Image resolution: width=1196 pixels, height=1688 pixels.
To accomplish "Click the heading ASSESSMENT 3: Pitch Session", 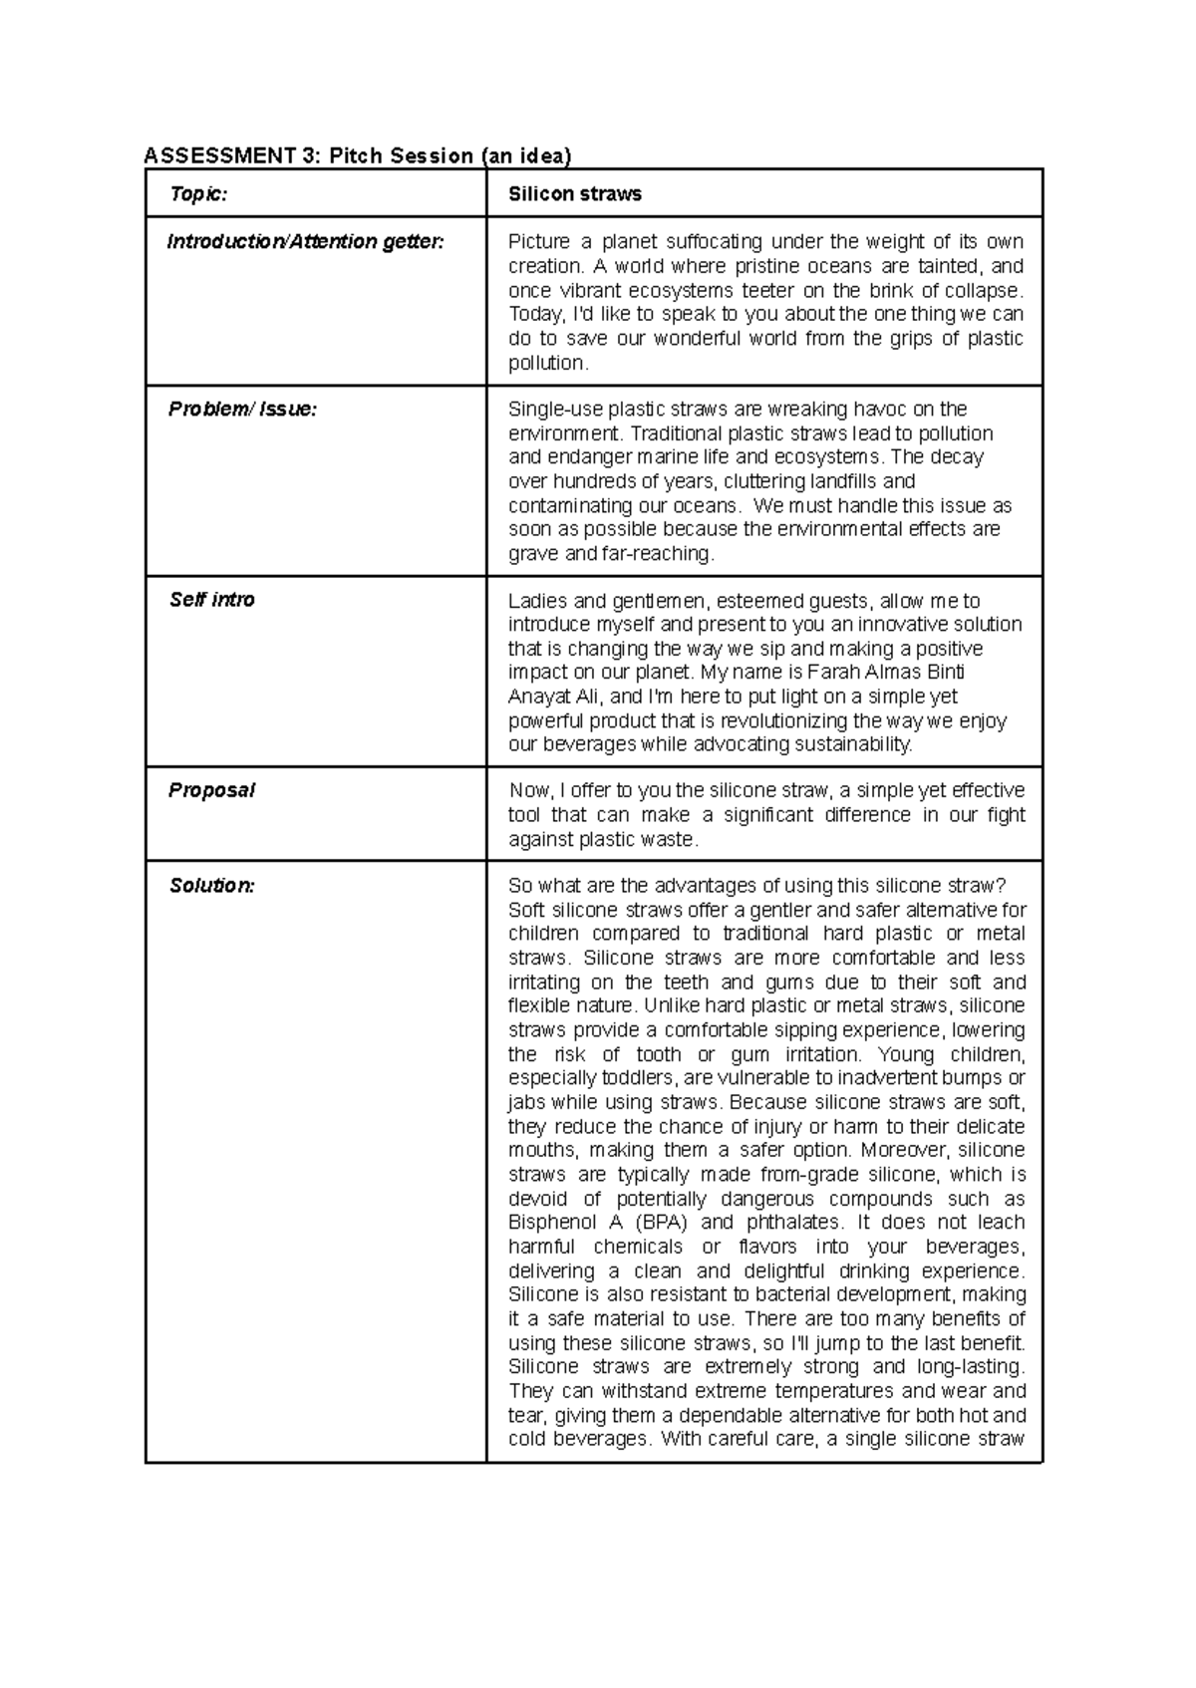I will tap(358, 155).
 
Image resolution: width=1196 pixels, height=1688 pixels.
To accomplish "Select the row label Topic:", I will tap(197, 194).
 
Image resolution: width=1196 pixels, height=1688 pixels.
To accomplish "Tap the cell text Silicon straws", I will tap(575, 194).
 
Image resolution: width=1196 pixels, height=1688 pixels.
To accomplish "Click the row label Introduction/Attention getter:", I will tap(305, 242).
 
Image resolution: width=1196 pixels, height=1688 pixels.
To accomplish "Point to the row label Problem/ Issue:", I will tap(242, 410).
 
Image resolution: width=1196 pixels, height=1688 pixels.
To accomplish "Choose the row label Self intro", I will tap(211, 600).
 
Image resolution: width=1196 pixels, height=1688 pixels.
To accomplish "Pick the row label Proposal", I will tap(211, 790).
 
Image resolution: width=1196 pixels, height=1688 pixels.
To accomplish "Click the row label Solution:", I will tap(211, 886).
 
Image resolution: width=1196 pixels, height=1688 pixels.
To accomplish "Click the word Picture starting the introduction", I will tap(537, 242).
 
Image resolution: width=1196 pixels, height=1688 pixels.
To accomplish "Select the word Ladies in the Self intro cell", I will tap(536, 601).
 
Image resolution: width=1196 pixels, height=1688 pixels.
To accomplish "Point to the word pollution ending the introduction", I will tap(547, 364).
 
